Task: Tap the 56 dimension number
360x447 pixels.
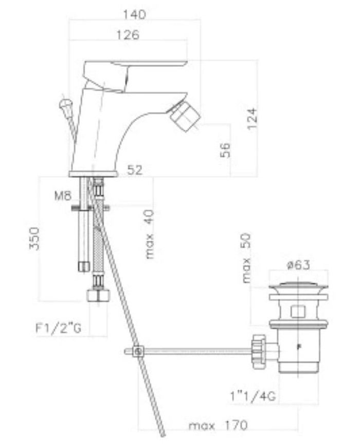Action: click(225, 150)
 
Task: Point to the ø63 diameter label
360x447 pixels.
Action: click(298, 265)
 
